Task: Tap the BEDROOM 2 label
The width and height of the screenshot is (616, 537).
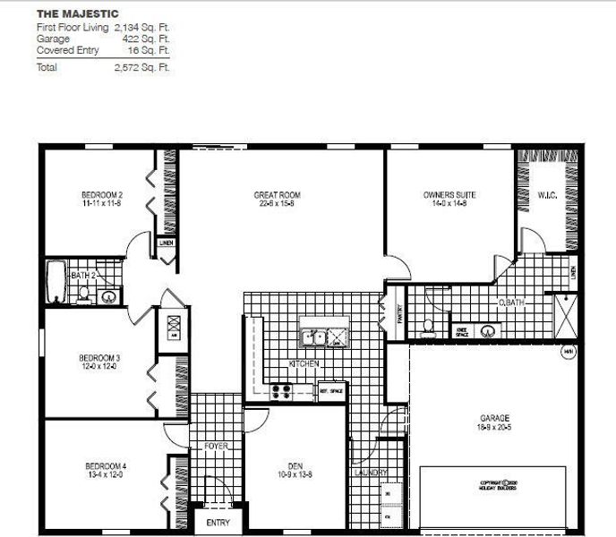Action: pos(102,195)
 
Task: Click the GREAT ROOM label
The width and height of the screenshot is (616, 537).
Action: pos(278,195)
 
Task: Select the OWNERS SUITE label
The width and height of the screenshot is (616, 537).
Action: pos(449,195)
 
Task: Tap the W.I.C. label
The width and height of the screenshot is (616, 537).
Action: pos(547,195)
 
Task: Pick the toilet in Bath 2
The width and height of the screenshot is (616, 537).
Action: pos(84,294)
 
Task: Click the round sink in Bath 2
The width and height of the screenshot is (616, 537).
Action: pos(109,295)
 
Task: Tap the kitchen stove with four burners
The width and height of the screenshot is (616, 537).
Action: pos(281,390)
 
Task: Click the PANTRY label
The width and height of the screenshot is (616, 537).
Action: pos(399,314)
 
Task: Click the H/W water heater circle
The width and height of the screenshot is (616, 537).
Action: pos(566,352)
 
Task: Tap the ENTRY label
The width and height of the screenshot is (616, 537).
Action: pos(218,523)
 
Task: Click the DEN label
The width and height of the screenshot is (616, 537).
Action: pos(295,465)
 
